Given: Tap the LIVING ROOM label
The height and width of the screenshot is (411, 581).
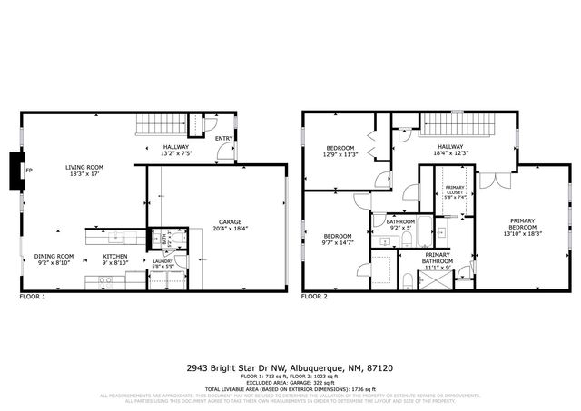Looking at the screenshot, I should [84, 167].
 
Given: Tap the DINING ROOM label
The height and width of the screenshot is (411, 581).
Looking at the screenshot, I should [54, 257].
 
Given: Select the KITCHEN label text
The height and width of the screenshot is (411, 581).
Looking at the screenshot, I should [115, 257].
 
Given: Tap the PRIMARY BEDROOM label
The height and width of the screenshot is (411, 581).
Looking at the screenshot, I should [522, 224].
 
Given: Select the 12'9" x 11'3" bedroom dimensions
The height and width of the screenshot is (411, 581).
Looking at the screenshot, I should [341, 154].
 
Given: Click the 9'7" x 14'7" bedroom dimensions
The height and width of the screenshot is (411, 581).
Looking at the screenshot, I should [338, 242].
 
